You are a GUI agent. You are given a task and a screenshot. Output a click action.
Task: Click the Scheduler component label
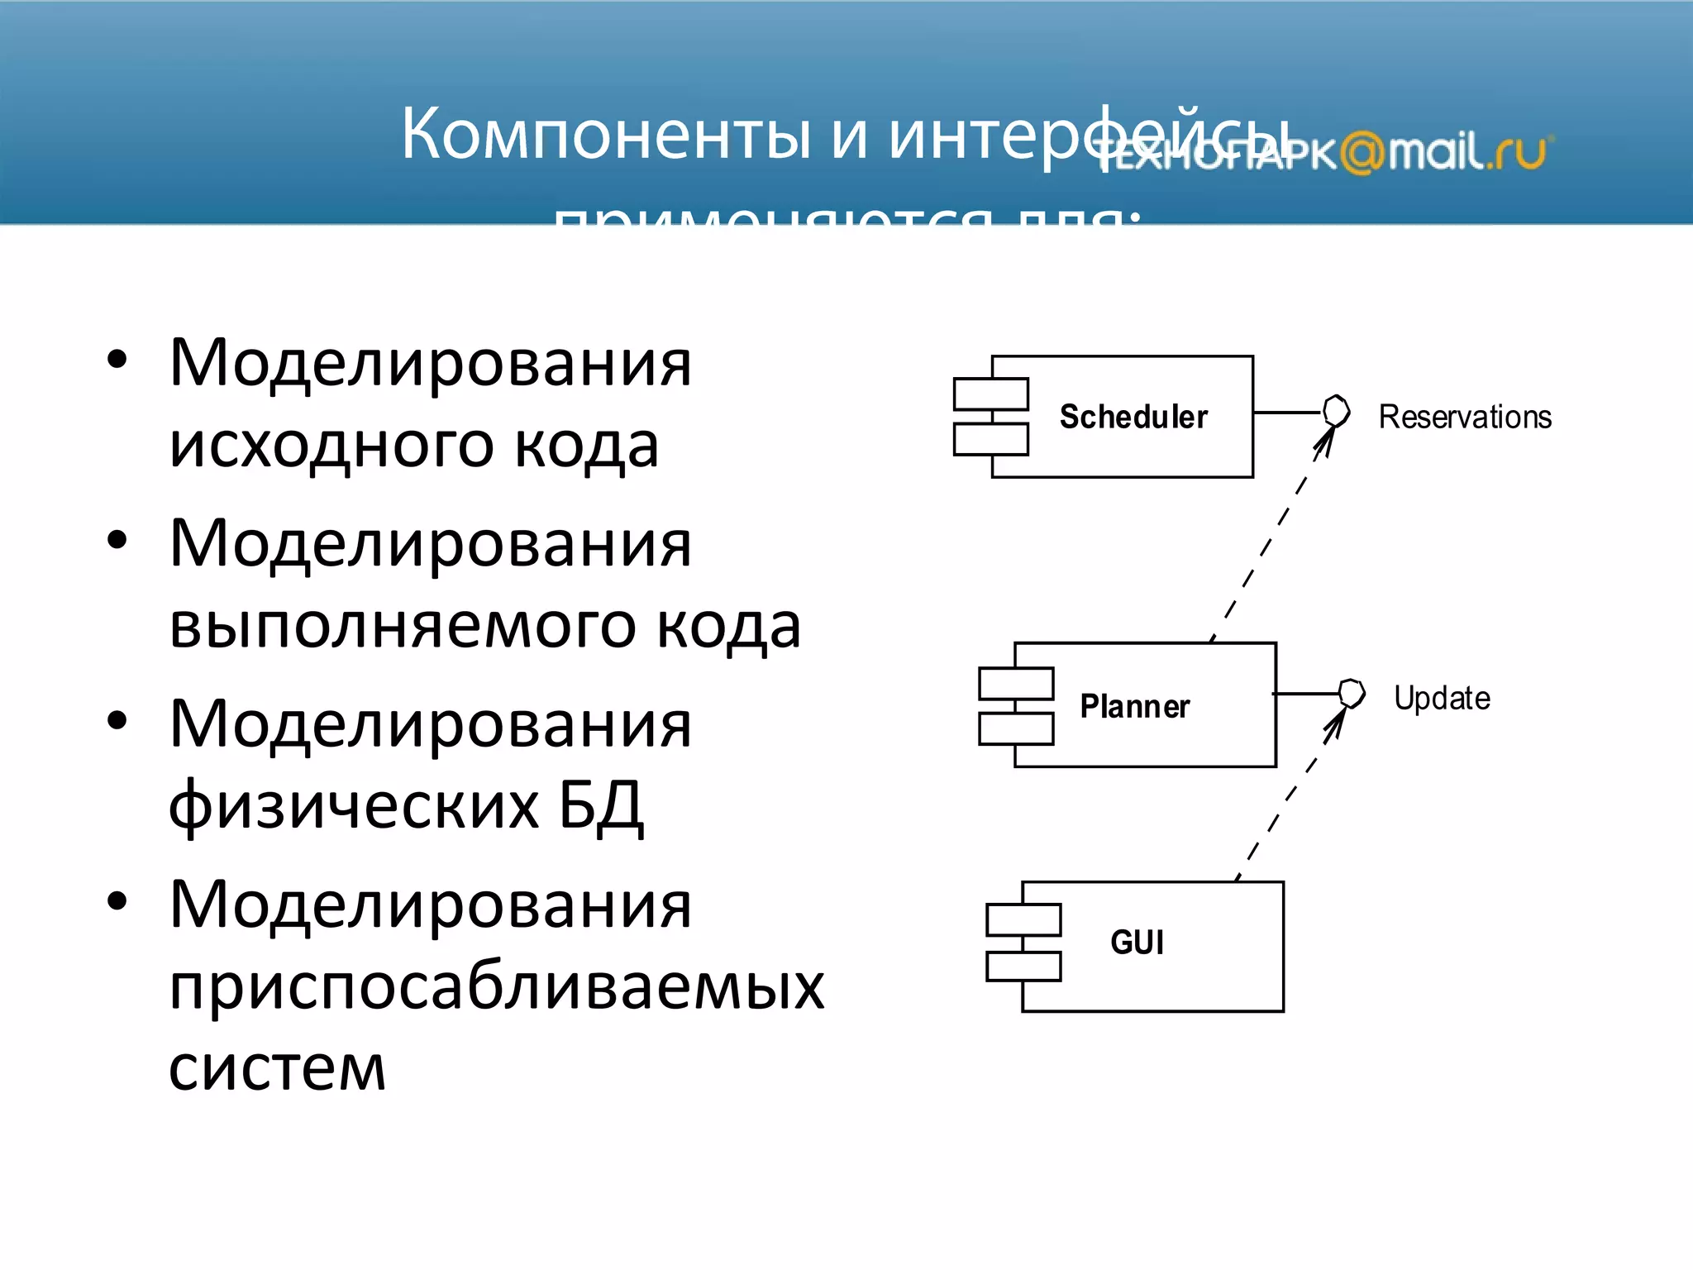(1133, 417)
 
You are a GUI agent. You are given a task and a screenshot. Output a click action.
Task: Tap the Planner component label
(1134, 706)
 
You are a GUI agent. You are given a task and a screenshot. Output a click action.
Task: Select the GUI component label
(1137, 942)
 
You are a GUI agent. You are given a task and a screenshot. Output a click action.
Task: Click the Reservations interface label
(1464, 417)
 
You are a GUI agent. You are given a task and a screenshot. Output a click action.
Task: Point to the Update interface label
(1442, 698)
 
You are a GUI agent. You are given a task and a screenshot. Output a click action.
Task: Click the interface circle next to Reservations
(1336, 411)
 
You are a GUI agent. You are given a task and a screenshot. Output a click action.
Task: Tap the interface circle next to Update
(1352, 693)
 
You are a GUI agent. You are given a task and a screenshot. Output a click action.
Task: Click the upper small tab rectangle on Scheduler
(990, 394)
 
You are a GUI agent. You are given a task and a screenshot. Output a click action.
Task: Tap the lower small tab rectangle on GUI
(1023, 966)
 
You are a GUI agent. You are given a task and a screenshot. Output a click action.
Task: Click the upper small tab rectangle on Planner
(1016, 684)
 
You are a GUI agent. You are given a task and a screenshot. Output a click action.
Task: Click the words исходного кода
(413, 446)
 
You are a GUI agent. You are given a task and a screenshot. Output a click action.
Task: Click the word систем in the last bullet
(277, 1068)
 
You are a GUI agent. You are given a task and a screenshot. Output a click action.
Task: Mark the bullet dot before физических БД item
(117, 720)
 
